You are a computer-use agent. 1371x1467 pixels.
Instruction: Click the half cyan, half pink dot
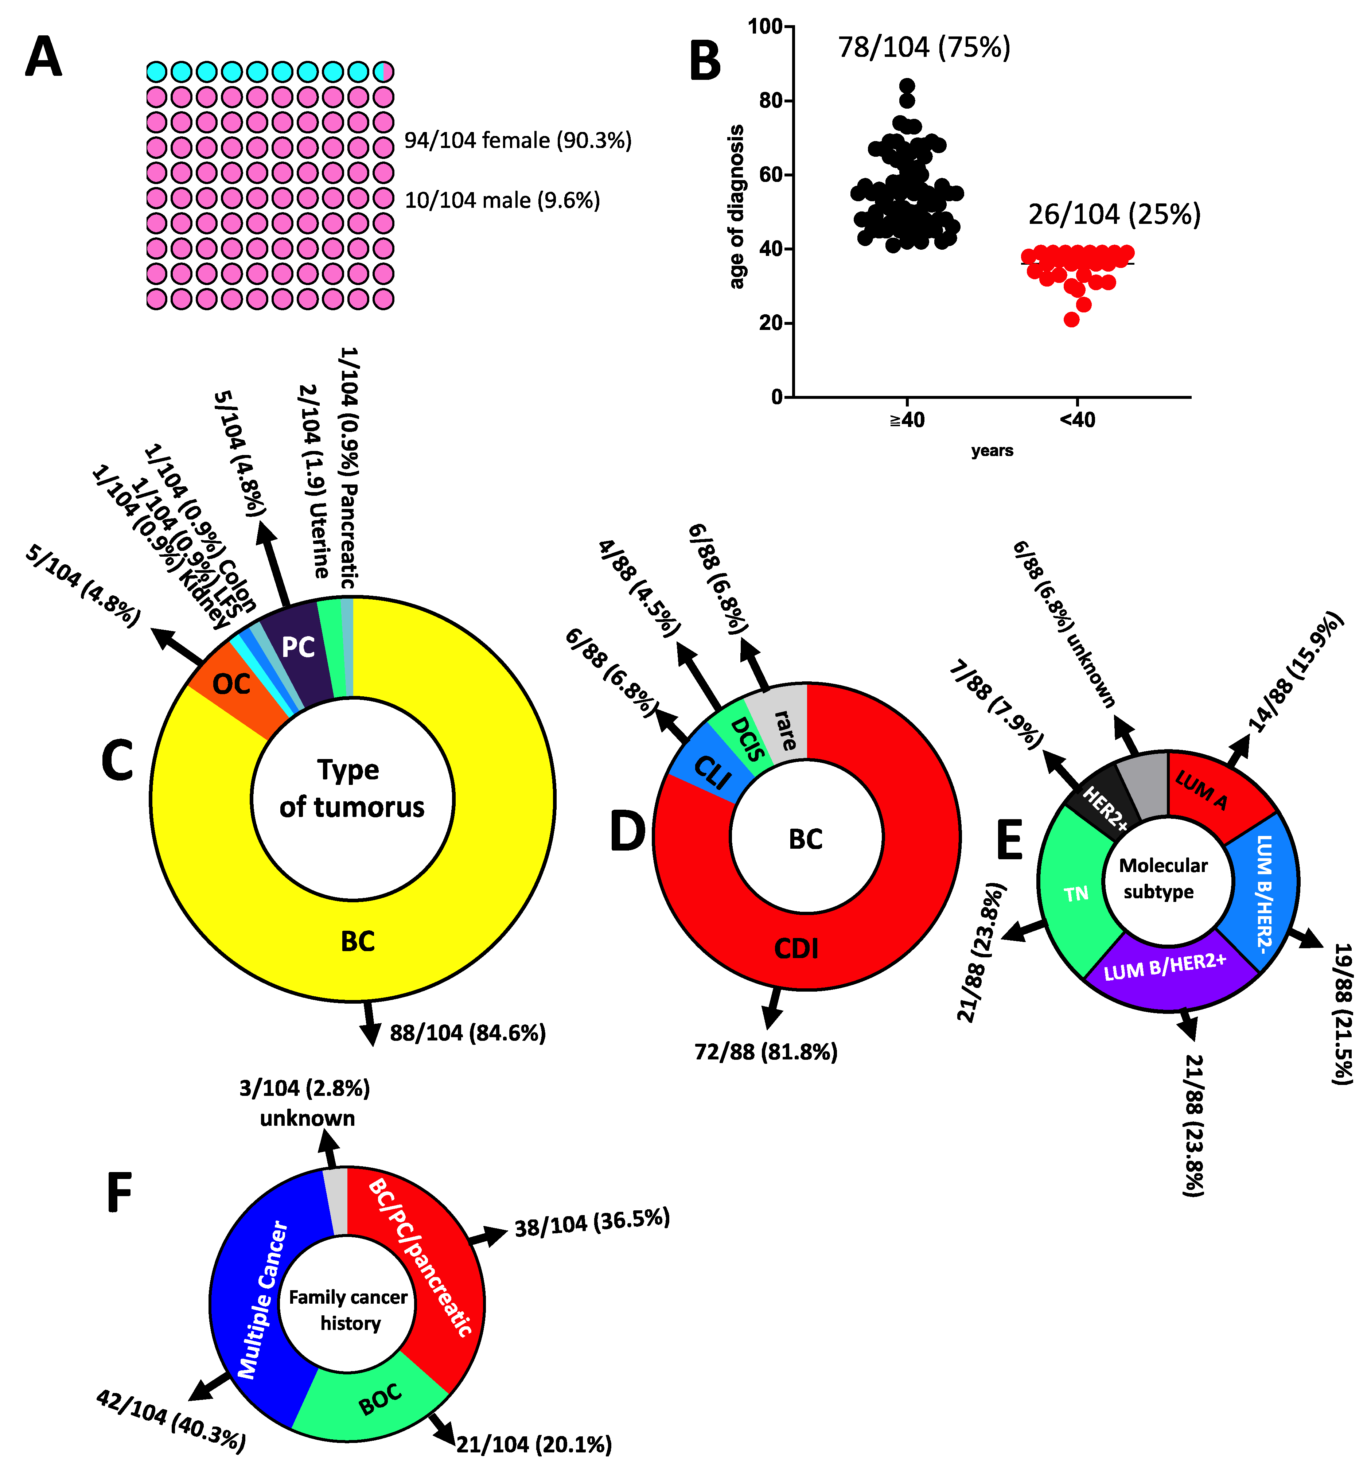tap(383, 71)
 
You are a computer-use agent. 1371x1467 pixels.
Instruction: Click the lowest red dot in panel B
tap(1071, 319)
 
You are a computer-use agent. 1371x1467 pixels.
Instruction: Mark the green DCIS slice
tap(745, 738)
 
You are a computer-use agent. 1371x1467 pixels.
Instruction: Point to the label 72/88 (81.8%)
tap(766, 1051)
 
